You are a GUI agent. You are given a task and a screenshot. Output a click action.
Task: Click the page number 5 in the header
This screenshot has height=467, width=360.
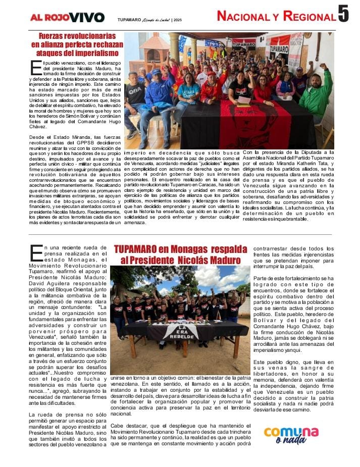(x=343, y=14)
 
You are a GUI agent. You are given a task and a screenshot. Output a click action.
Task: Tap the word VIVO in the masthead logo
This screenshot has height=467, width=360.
(x=87, y=17)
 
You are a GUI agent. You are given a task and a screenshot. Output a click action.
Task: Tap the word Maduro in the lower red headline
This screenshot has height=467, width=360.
(x=221, y=260)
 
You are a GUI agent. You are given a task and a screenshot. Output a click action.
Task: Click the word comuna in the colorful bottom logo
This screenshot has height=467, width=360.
(x=291, y=433)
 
